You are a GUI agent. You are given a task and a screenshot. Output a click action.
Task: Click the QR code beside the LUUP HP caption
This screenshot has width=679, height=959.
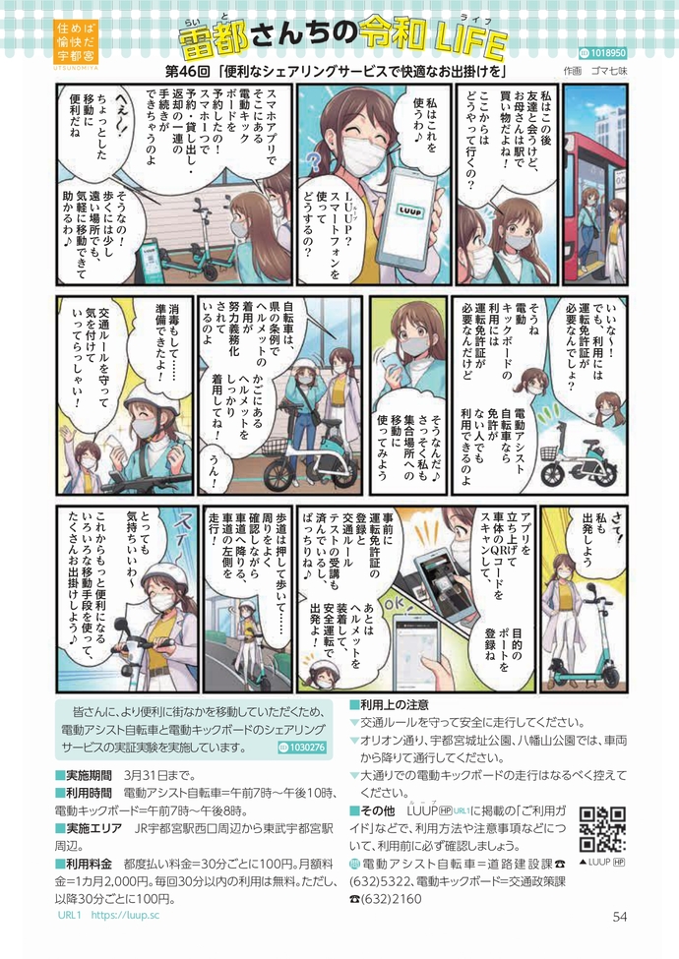tap(602, 829)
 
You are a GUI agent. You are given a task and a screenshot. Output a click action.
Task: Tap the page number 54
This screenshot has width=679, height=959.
tap(620, 916)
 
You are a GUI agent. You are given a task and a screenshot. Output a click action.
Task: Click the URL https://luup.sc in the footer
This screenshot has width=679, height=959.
tap(125, 915)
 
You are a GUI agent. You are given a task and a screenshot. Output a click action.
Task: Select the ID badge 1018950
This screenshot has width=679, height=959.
tap(602, 53)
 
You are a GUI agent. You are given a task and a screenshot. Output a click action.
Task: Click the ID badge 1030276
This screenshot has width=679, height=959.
tap(302, 747)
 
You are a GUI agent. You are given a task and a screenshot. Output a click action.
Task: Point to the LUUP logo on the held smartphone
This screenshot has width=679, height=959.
tap(406, 208)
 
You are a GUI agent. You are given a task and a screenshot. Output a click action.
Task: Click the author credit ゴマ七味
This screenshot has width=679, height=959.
tap(609, 71)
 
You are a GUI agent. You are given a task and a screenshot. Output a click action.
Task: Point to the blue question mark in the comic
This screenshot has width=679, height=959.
tap(314, 162)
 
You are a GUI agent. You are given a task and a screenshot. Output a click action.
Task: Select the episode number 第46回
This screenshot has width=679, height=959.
tap(188, 71)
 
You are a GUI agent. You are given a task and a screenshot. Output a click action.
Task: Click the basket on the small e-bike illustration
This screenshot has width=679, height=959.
tap(549, 453)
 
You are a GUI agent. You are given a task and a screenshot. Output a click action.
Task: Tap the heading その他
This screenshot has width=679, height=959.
tap(373, 811)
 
